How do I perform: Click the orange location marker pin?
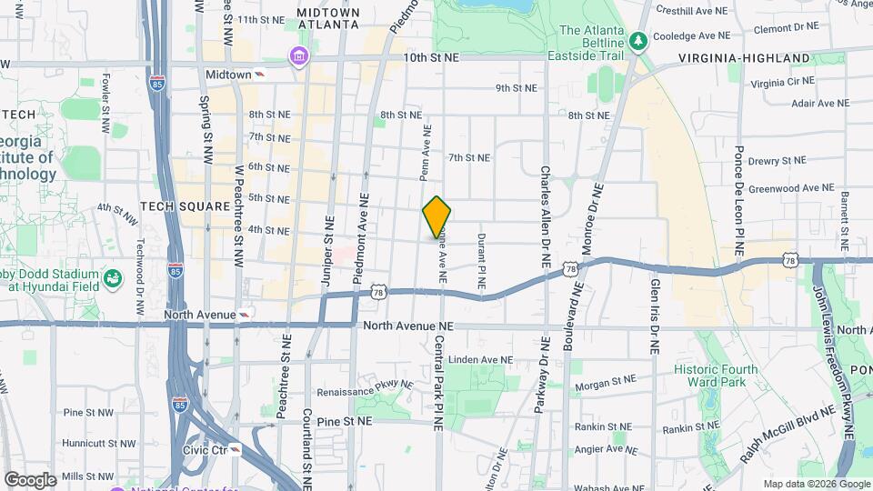(436, 217)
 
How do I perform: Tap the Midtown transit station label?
(228, 74)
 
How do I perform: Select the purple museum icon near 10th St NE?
(297, 57)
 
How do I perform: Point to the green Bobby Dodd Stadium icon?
(113, 277)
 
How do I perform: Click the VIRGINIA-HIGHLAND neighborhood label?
(744, 58)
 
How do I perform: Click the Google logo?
(30, 480)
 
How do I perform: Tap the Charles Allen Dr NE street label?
(545, 215)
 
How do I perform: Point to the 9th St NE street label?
(516, 88)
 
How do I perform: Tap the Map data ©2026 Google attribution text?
(817, 484)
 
